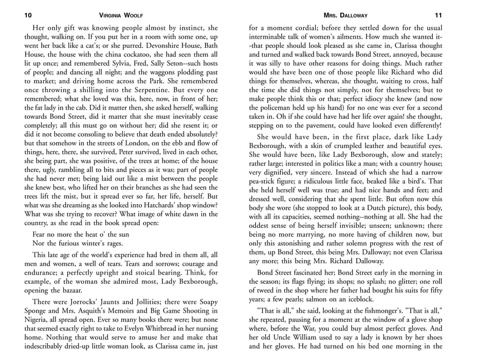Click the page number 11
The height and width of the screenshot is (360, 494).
(438, 15)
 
